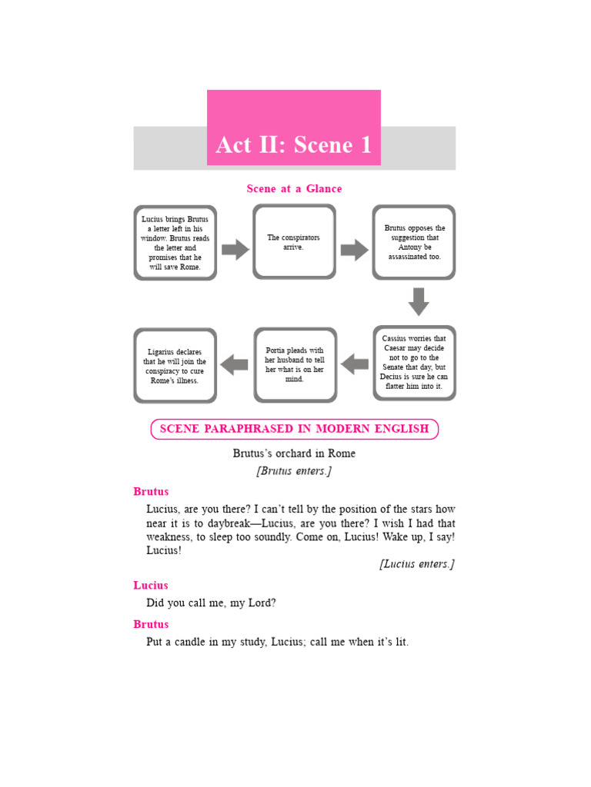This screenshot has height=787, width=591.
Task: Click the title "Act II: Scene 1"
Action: (x=293, y=144)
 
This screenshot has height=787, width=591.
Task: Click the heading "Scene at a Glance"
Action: (x=294, y=188)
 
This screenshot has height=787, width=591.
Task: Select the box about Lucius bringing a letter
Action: (x=175, y=243)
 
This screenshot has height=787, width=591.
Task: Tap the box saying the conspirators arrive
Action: (x=294, y=242)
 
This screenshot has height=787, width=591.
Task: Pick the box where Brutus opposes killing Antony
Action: (x=414, y=242)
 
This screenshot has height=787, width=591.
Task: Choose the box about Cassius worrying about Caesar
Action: (x=414, y=363)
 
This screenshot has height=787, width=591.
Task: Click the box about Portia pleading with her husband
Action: (x=295, y=364)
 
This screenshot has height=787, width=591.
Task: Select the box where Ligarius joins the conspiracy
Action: (x=175, y=365)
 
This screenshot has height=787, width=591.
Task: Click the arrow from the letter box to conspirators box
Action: (x=235, y=249)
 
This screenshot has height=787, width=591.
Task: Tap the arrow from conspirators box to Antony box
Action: (x=354, y=249)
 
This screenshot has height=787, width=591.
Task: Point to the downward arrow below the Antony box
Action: (x=418, y=301)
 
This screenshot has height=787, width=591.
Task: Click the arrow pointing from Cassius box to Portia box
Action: (x=355, y=364)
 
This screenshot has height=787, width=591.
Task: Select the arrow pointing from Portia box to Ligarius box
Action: (x=234, y=364)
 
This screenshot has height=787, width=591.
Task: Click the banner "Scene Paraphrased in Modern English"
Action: (x=294, y=429)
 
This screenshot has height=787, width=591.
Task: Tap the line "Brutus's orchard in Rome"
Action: (x=294, y=453)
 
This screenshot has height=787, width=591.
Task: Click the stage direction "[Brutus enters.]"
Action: (x=294, y=471)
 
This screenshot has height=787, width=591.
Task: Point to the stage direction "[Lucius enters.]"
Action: (x=416, y=564)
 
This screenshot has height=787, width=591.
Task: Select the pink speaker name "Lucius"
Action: (x=151, y=586)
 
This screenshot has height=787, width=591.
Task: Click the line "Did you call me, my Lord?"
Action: (x=211, y=603)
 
